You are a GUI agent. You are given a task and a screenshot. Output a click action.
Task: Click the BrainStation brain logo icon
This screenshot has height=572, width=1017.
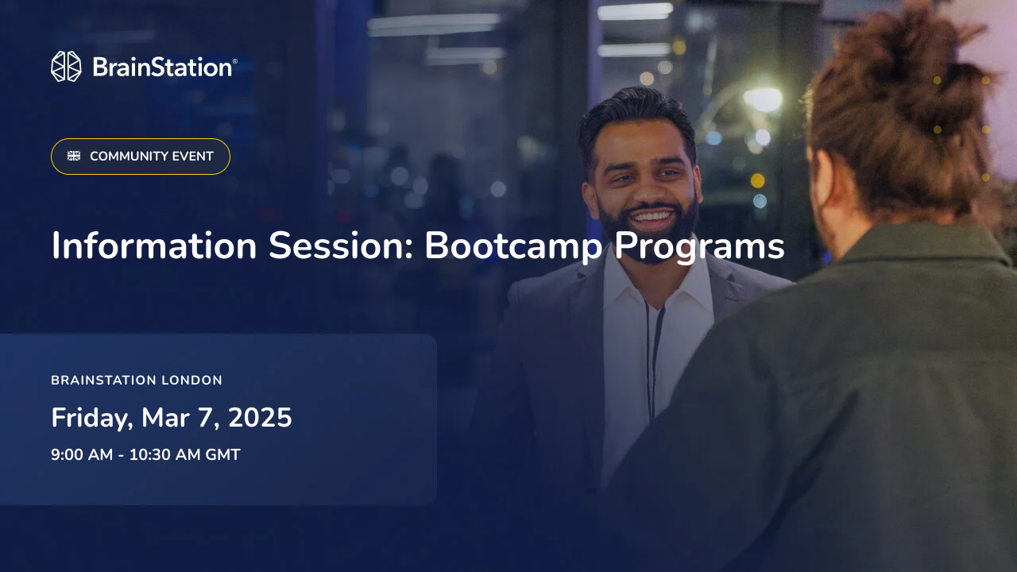coord(66,67)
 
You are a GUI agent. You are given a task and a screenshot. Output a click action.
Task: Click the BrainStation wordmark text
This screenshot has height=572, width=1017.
coord(163,67)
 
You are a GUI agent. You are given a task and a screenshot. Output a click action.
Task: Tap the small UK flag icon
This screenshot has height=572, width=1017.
coord(74,157)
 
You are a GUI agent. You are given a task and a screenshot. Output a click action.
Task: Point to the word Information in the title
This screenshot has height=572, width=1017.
coord(154,245)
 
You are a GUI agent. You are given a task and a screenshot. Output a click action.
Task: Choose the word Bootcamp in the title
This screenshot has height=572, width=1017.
coord(513,245)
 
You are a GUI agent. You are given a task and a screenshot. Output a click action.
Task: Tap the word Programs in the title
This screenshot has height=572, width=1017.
coord(699,247)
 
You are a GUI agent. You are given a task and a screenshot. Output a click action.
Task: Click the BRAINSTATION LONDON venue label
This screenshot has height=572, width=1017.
coord(137,381)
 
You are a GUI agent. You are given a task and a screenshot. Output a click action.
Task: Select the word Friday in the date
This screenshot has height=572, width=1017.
coord(91,418)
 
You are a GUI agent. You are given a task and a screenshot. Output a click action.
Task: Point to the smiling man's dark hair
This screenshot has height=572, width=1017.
coord(636,115)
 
